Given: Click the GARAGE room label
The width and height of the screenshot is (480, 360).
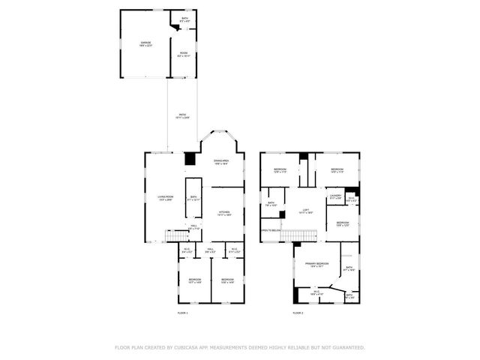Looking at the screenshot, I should tap(145, 43).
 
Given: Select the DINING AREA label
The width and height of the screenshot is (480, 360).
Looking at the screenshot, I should tap(220, 161).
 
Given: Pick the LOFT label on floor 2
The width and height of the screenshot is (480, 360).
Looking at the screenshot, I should tap(305, 210).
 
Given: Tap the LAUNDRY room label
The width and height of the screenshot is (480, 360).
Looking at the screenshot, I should tap(335, 196).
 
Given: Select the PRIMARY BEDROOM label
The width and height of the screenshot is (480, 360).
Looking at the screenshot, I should tap(316, 264).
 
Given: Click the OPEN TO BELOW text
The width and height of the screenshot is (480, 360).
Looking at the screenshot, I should tap(270, 230).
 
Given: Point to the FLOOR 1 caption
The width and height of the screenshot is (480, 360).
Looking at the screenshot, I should tap(182, 313).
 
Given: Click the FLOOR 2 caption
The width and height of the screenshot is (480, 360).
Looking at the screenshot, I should tap(298, 313).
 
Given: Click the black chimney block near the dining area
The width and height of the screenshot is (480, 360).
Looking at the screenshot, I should tap(190, 159).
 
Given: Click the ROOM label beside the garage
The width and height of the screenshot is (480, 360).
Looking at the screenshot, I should tap(183, 54).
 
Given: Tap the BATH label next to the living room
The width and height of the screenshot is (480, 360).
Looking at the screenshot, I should tap(193, 199).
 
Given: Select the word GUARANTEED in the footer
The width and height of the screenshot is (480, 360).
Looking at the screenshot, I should tap(346, 348).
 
